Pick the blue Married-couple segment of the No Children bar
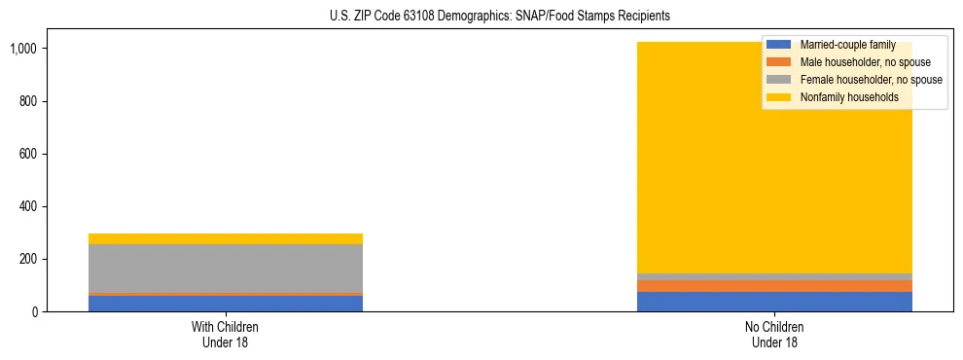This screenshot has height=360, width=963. point(774,302)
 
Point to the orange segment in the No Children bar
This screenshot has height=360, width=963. point(774,286)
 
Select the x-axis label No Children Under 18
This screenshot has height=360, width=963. point(774,334)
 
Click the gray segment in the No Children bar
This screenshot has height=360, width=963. point(774,276)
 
